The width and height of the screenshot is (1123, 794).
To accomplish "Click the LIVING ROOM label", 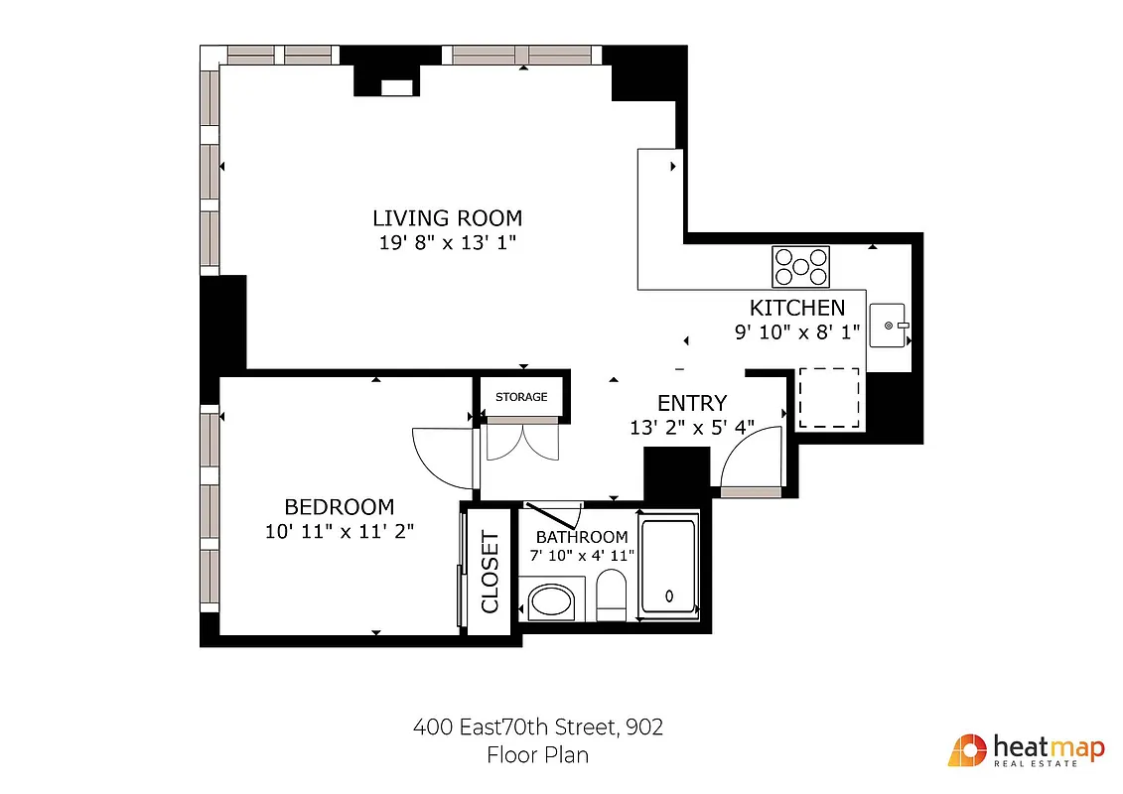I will click(447, 218).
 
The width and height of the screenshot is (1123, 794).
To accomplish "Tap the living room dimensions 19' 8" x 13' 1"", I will click(447, 243).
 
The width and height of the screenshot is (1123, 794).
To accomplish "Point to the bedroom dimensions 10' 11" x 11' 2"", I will click(340, 531).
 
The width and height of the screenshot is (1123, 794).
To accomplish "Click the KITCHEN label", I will click(797, 308).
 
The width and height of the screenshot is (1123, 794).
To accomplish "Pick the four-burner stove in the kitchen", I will click(800, 266).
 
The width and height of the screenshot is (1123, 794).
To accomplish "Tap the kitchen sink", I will click(889, 326).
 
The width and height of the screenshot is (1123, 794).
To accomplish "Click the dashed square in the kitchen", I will click(829, 397).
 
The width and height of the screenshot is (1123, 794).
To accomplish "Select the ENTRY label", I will click(692, 403).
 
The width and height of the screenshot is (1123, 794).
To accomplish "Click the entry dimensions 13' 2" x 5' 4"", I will click(692, 428).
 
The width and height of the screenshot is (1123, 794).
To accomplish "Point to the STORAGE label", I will click(521, 397).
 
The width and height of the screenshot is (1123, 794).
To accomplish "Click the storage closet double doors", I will click(522, 441).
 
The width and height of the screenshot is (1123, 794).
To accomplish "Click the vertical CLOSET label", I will click(490, 573).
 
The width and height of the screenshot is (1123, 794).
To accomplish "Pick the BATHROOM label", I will click(582, 537).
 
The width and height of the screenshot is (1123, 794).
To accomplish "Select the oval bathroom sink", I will click(551, 601).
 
